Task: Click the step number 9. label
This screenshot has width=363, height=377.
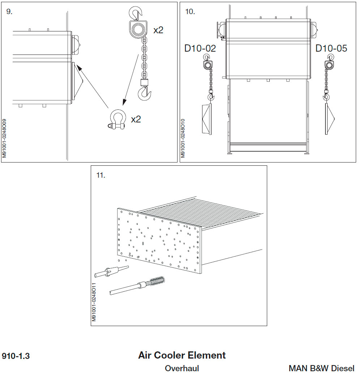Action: tap(9, 11)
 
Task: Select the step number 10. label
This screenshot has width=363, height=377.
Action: tap(190, 11)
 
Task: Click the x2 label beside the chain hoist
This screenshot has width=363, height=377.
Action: tap(158, 30)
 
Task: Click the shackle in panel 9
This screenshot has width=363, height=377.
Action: tap(117, 120)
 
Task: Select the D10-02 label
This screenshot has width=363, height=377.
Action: tap(200, 48)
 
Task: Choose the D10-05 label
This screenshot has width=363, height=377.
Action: tap(331, 48)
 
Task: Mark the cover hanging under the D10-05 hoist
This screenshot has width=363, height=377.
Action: tap(329, 119)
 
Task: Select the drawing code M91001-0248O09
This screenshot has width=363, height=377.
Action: tap(4, 138)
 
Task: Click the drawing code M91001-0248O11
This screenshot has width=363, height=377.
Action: tap(94, 302)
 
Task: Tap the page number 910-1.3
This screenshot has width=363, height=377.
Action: tap(16, 356)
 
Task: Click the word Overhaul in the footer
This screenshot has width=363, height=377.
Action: tap(182, 369)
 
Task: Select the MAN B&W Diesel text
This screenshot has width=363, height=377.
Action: tap(321, 369)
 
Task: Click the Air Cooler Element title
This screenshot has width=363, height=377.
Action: tap(182, 355)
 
